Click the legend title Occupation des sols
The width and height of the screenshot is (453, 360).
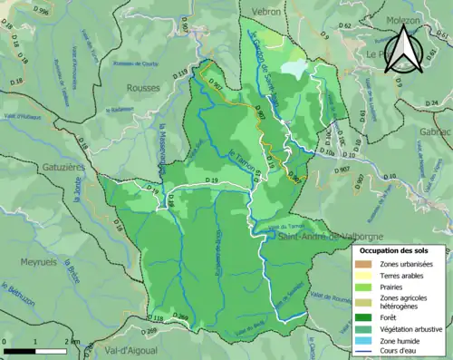click(400, 250)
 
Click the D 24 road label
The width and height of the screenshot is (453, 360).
click(435, 102)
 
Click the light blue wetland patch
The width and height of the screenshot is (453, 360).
click(294, 67)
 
